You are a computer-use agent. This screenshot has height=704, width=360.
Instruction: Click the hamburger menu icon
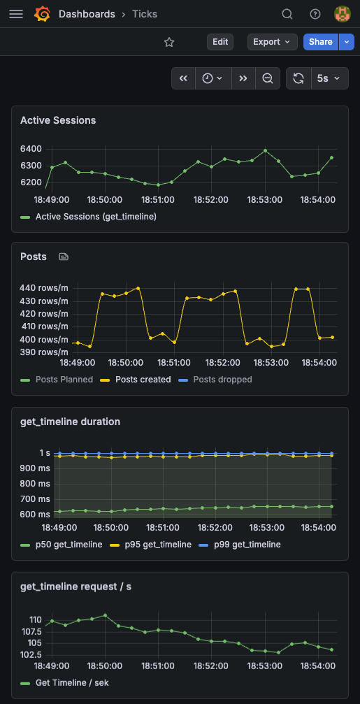(16, 14)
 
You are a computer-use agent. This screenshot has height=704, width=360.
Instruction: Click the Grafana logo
(42, 14)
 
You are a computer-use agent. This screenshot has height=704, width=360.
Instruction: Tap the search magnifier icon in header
(287, 14)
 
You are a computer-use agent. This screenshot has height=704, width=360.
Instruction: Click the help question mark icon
(315, 14)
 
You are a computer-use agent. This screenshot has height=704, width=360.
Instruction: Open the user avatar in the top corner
(343, 14)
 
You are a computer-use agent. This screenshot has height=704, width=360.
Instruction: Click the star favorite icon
(169, 42)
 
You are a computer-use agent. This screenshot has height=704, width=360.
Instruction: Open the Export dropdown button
(272, 42)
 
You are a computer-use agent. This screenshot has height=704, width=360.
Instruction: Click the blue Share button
(321, 42)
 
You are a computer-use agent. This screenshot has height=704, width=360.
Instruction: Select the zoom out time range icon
(268, 78)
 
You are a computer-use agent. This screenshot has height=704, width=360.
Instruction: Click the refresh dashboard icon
(298, 78)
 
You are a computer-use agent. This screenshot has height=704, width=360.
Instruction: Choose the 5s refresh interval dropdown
(329, 78)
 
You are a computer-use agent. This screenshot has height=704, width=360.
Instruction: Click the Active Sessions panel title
(58, 120)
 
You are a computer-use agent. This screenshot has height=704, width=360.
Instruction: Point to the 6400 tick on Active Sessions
(31, 149)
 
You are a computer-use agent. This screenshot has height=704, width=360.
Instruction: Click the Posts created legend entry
(143, 380)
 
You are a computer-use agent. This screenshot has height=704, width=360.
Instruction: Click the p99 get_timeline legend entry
(246, 545)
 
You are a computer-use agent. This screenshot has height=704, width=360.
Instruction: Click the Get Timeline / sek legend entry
(72, 682)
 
